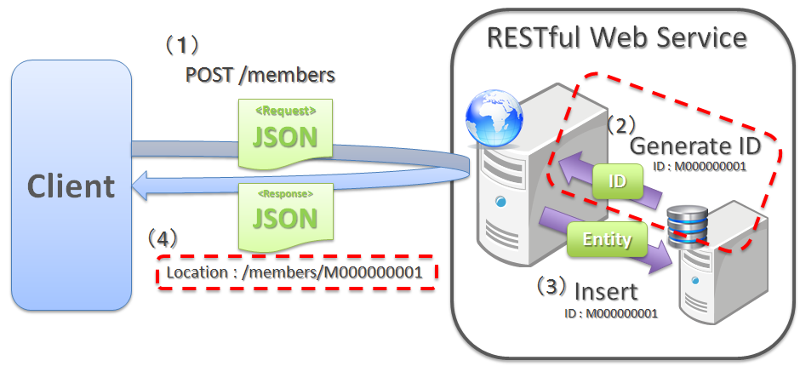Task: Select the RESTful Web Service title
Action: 617,37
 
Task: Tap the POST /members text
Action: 260,75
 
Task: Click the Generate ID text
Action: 706,146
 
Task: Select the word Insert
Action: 605,291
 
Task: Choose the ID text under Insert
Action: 611,313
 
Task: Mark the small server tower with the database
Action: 715,264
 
